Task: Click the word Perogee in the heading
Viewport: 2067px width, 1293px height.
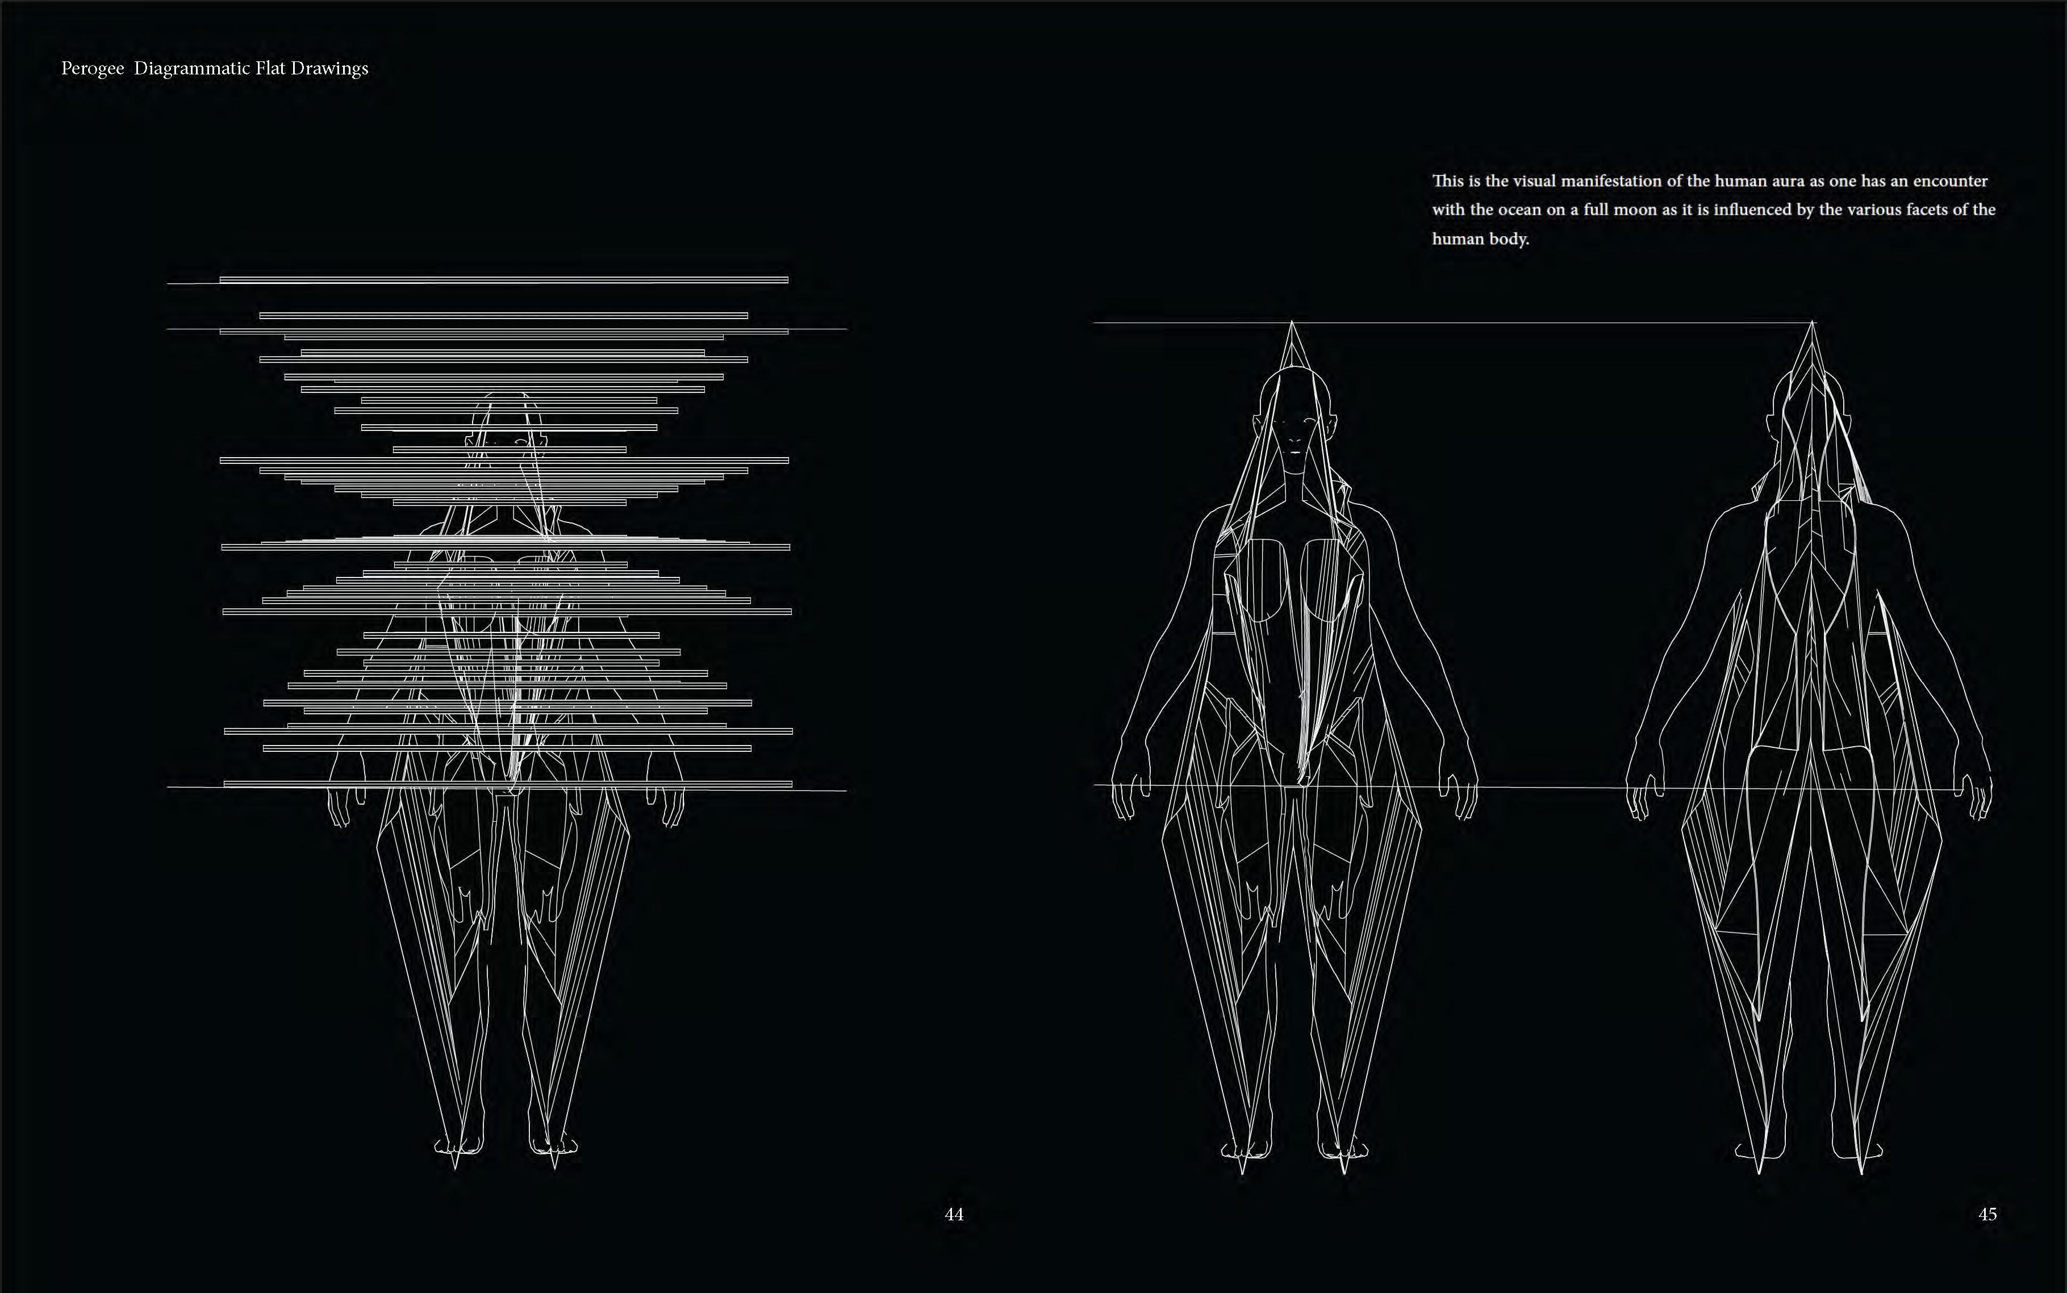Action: click(x=93, y=68)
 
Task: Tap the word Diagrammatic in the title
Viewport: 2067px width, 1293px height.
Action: click(x=193, y=68)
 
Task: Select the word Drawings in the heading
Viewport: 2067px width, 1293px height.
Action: click(x=329, y=68)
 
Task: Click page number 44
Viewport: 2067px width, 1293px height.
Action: click(x=954, y=1214)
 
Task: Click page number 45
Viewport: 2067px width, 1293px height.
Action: click(x=1987, y=1214)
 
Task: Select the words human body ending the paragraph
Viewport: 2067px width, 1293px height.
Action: click(x=1480, y=240)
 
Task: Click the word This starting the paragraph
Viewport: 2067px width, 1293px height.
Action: click(x=1448, y=181)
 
